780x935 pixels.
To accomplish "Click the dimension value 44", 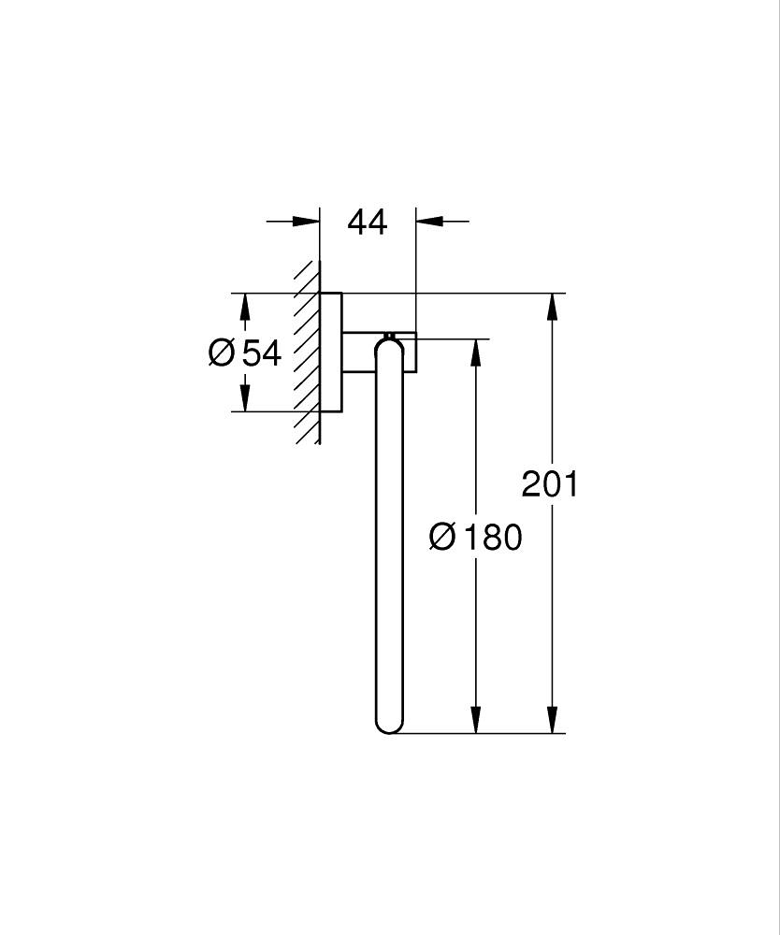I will point(367,223).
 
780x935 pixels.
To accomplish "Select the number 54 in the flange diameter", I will point(262,353).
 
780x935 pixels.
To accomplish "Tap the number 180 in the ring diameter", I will point(492,537).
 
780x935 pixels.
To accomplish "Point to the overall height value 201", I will point(550,484).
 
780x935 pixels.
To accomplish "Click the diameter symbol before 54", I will point(222,353).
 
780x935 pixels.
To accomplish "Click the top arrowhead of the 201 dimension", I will point(554,307).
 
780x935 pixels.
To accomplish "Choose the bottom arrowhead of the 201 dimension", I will point(554,719).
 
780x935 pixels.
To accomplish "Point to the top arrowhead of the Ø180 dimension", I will point(476,352).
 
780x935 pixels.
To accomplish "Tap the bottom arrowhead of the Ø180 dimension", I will point(476,719).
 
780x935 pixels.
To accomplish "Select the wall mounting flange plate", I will point(331,352).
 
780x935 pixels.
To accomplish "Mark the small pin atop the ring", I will point(389,334).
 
